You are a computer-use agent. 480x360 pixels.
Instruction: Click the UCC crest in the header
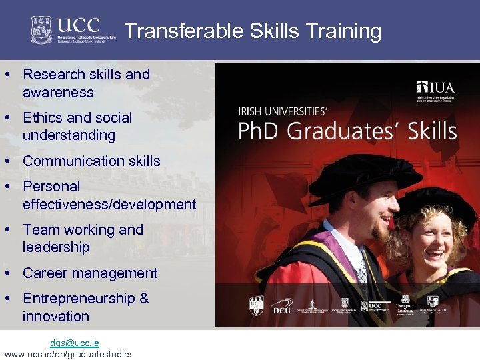click(x=41, y=30)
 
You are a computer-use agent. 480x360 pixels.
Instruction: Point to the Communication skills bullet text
click(x=91, y=161)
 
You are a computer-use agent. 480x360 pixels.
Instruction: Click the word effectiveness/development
click(x=109, y=205)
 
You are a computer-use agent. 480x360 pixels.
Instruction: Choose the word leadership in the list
click(x=56, y=247)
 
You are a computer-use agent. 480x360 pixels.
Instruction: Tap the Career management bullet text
click(x=90, y=273)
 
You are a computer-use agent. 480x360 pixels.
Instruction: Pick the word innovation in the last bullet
click(x=56, y=317)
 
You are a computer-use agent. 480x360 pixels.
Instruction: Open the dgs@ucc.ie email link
click(x=74, y=343)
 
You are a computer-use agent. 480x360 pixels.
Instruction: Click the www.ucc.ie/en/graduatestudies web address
click(x=69, y=354)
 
